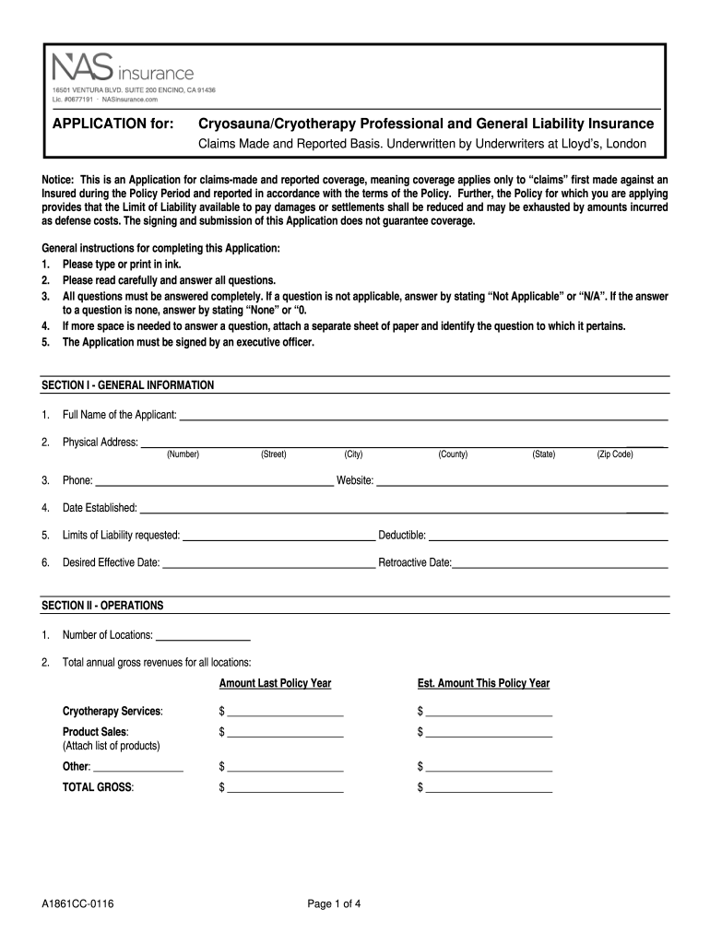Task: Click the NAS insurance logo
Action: click(x=123, y=68)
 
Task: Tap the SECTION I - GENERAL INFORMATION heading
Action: click(x=128, y=384)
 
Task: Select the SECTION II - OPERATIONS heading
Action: click(x=102, y=606)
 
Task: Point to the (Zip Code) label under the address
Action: click(x=615, y=454)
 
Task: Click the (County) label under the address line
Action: click(x=453, y=454)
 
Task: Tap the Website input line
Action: click(x=522, y=482)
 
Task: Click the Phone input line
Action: click(x=214, y=482)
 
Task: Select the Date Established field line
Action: click(x=403, y=510)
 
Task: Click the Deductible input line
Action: click(x=548, y=537)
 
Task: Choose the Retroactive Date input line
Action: click(x=560, y=564)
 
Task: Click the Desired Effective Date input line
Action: click(x=268, y=564)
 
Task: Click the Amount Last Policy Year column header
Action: click(x=275, y=683)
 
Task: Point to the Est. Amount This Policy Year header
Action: click(x=483, y=683)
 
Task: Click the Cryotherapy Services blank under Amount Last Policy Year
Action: click(x=285, y=714)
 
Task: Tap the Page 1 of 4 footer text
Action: click(x=334, y=903)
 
